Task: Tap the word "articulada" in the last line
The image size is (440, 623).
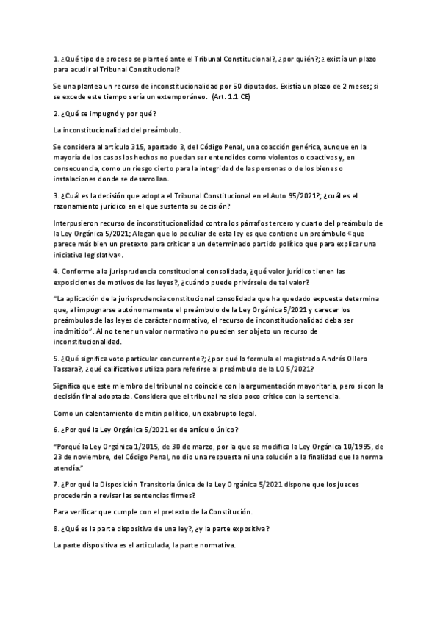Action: [154, 546]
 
